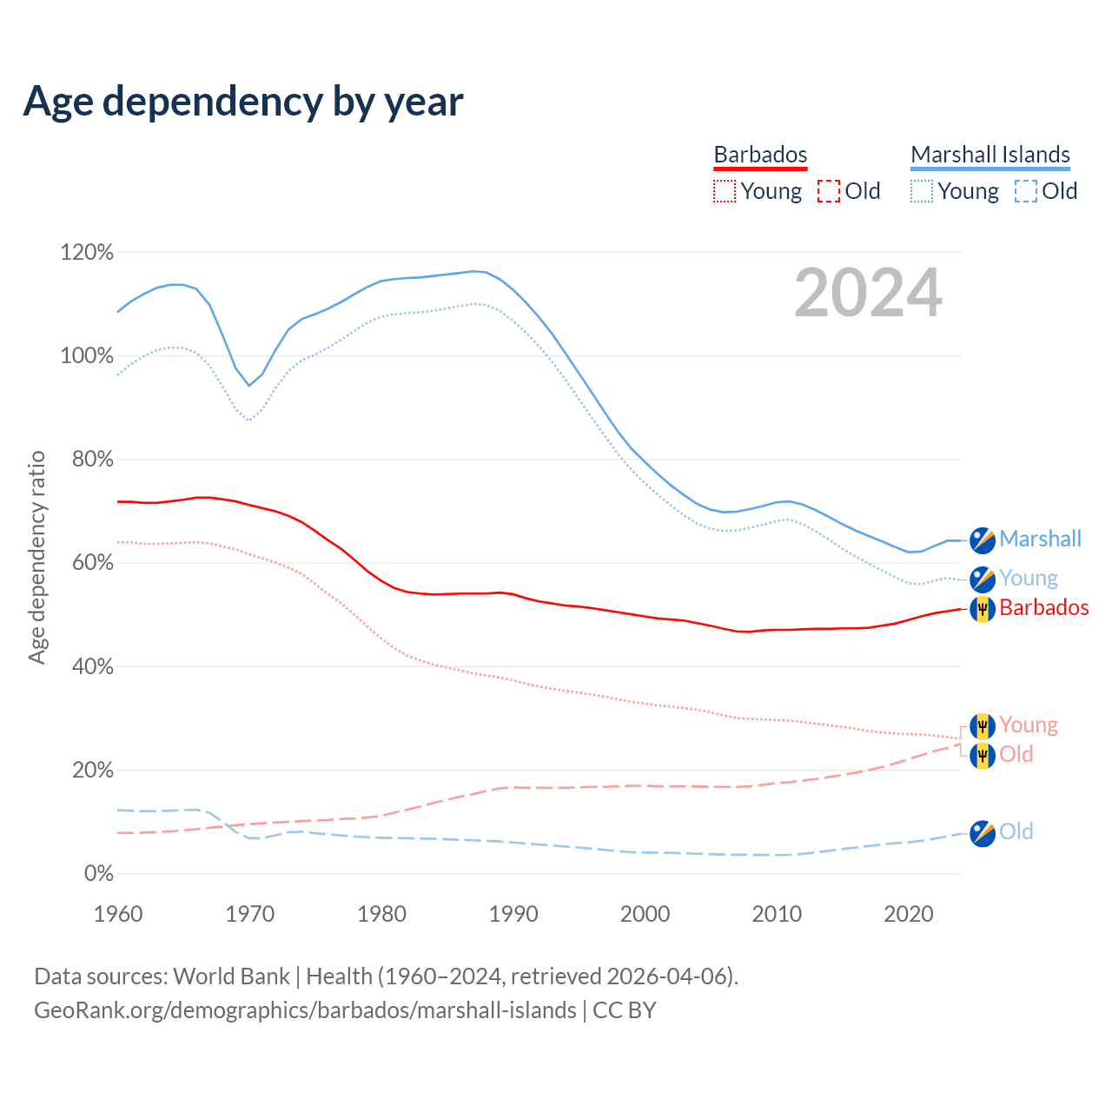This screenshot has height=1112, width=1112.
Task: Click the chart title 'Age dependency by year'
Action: (243, 102)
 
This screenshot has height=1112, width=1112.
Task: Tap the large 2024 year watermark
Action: (868, 293)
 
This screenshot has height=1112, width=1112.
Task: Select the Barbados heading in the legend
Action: (760, 155)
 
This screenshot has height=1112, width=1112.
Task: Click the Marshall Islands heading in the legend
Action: (990, 155)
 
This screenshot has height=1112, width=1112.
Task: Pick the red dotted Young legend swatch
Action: (724, 191)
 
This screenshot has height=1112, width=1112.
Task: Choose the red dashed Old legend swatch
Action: (829, 191)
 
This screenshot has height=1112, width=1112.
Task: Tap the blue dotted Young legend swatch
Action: (922, 191)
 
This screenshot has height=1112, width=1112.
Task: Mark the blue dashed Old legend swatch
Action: (1026, 191)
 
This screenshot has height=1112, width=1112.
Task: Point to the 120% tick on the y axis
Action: (87, 253)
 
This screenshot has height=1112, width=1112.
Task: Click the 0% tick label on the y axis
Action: (98, 874)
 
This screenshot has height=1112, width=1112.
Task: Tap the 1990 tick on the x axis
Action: (513, 914)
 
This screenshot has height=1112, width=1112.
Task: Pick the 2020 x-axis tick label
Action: (909, 914)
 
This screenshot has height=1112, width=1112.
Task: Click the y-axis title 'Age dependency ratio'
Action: (36, 557)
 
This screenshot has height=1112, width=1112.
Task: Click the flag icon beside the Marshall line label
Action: (983, 539)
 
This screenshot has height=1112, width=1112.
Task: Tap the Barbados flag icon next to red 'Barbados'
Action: (983, 608)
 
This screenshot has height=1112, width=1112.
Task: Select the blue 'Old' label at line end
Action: (1016, 831)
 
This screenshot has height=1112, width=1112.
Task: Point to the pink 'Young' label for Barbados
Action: (1029, 725)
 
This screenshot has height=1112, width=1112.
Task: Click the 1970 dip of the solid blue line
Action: (248, 385)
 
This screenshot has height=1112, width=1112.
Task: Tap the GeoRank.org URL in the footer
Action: (305, 1010)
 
